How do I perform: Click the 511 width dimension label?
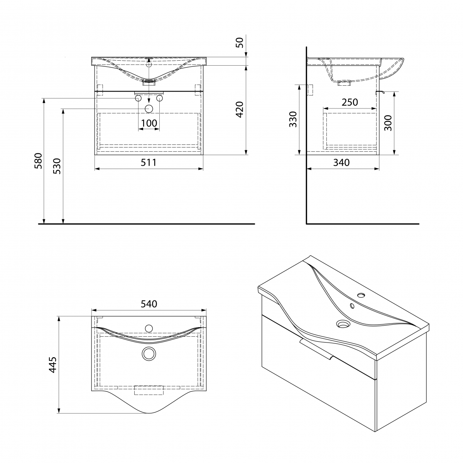pyautogui.click(x=149, y=163)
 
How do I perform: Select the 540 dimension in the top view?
pyautogui.click(x=149, y=304)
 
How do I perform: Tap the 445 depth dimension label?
pyautogui.click(x=52, y=365)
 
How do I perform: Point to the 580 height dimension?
pyautogui.click(x=38, y=161)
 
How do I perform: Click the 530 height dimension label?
pyautogui.click(x=57, y=166)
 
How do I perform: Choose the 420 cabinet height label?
pyautogui.click(x=240, y=109)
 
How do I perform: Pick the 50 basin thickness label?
pyautogui.click(x=240, y=42)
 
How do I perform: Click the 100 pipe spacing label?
pyautogui.click(x=149, y=123)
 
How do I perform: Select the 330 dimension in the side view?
pyautogui.click(x=293, y=119)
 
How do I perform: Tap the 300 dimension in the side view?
pyautogui.click(x=388, y=123)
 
